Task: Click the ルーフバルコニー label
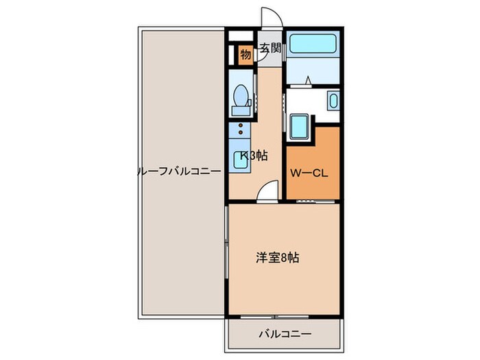point(179,171)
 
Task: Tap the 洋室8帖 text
point(277,259)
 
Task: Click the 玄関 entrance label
point(269,49)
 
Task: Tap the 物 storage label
point(245,54)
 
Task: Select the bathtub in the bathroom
point(312,43)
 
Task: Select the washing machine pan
point(300,126)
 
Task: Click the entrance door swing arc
point(270,19)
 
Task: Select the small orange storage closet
point(245,54)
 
